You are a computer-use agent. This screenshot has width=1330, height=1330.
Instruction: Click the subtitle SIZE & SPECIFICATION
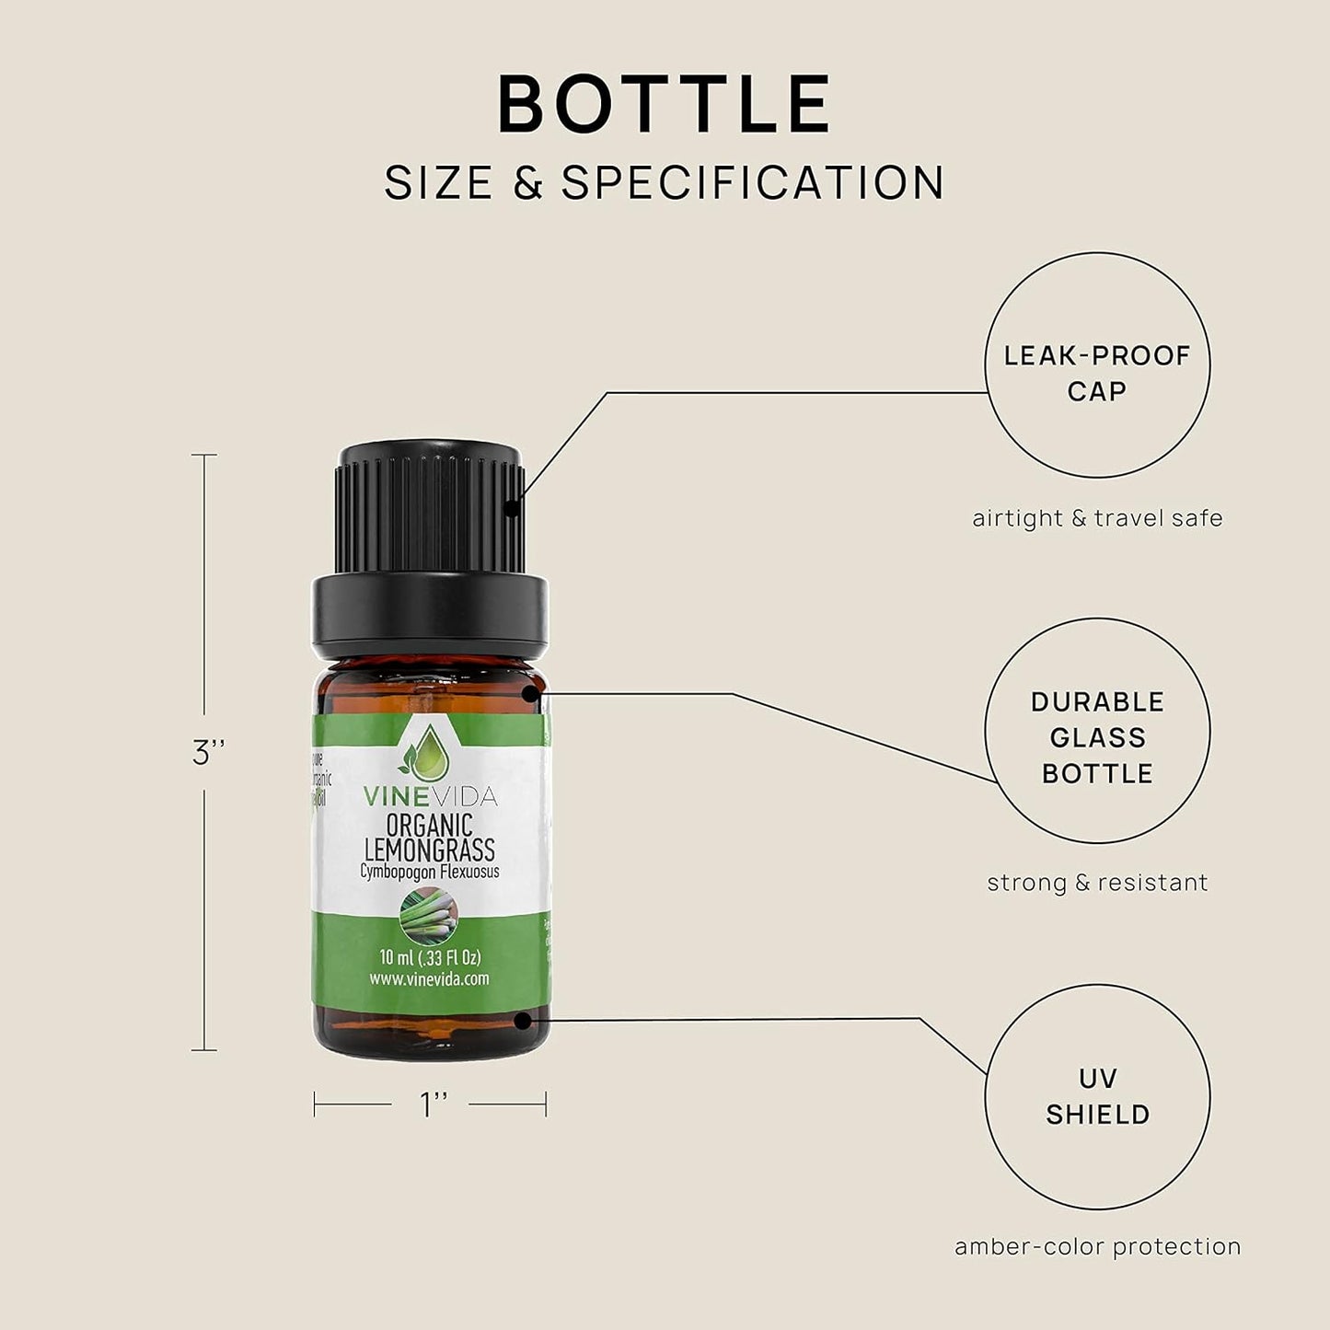pos(665,182)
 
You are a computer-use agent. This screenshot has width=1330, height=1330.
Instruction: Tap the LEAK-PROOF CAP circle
pos(1097,365)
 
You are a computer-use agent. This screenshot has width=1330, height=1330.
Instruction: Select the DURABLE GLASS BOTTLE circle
pos(1097,730)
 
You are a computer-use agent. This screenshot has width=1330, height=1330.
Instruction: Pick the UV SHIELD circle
pos(1097,1096)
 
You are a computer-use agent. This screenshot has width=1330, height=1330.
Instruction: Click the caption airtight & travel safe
pos(1097,518)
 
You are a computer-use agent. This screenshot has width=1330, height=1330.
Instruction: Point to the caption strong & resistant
pos(1097,883)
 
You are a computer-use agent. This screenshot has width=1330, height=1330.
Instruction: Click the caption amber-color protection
pos(1097,1247)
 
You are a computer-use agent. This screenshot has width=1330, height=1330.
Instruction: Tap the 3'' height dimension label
pos(209,753)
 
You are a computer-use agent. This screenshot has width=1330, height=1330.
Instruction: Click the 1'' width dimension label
pos(433,1104)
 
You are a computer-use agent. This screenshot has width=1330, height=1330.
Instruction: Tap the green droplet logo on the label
pos(429,752)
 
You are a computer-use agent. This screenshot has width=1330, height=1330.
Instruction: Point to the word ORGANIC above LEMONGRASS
pos(430,825)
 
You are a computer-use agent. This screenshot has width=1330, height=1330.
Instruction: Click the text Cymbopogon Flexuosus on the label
pos(430,871)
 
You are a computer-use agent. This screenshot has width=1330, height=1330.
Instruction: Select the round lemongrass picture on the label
pos(430,919)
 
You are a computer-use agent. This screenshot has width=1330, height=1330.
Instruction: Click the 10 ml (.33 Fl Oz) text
pos(430,957)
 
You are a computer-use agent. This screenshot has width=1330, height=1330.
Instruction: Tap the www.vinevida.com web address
pos(430,978)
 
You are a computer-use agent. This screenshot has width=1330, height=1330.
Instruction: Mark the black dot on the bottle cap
pos(513,504)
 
